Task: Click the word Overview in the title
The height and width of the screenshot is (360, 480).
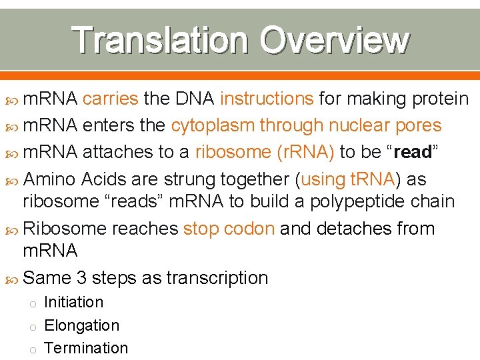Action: [x=334, y=39]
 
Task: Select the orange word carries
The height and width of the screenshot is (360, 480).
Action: [x=111, y=99]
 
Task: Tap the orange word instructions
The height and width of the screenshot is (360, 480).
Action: [x=267, y=99]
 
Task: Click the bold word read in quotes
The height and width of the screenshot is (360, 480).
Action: [x=413, y=153]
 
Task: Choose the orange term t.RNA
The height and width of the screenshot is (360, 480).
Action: [x=364, y=179]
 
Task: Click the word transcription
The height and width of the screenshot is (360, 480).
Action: [x=217, y=278]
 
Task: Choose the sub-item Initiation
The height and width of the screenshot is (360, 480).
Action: [x=73, y=302]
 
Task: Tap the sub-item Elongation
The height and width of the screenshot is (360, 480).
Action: [x=81, y=325]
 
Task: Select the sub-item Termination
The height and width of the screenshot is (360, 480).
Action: [x=85, y=348]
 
